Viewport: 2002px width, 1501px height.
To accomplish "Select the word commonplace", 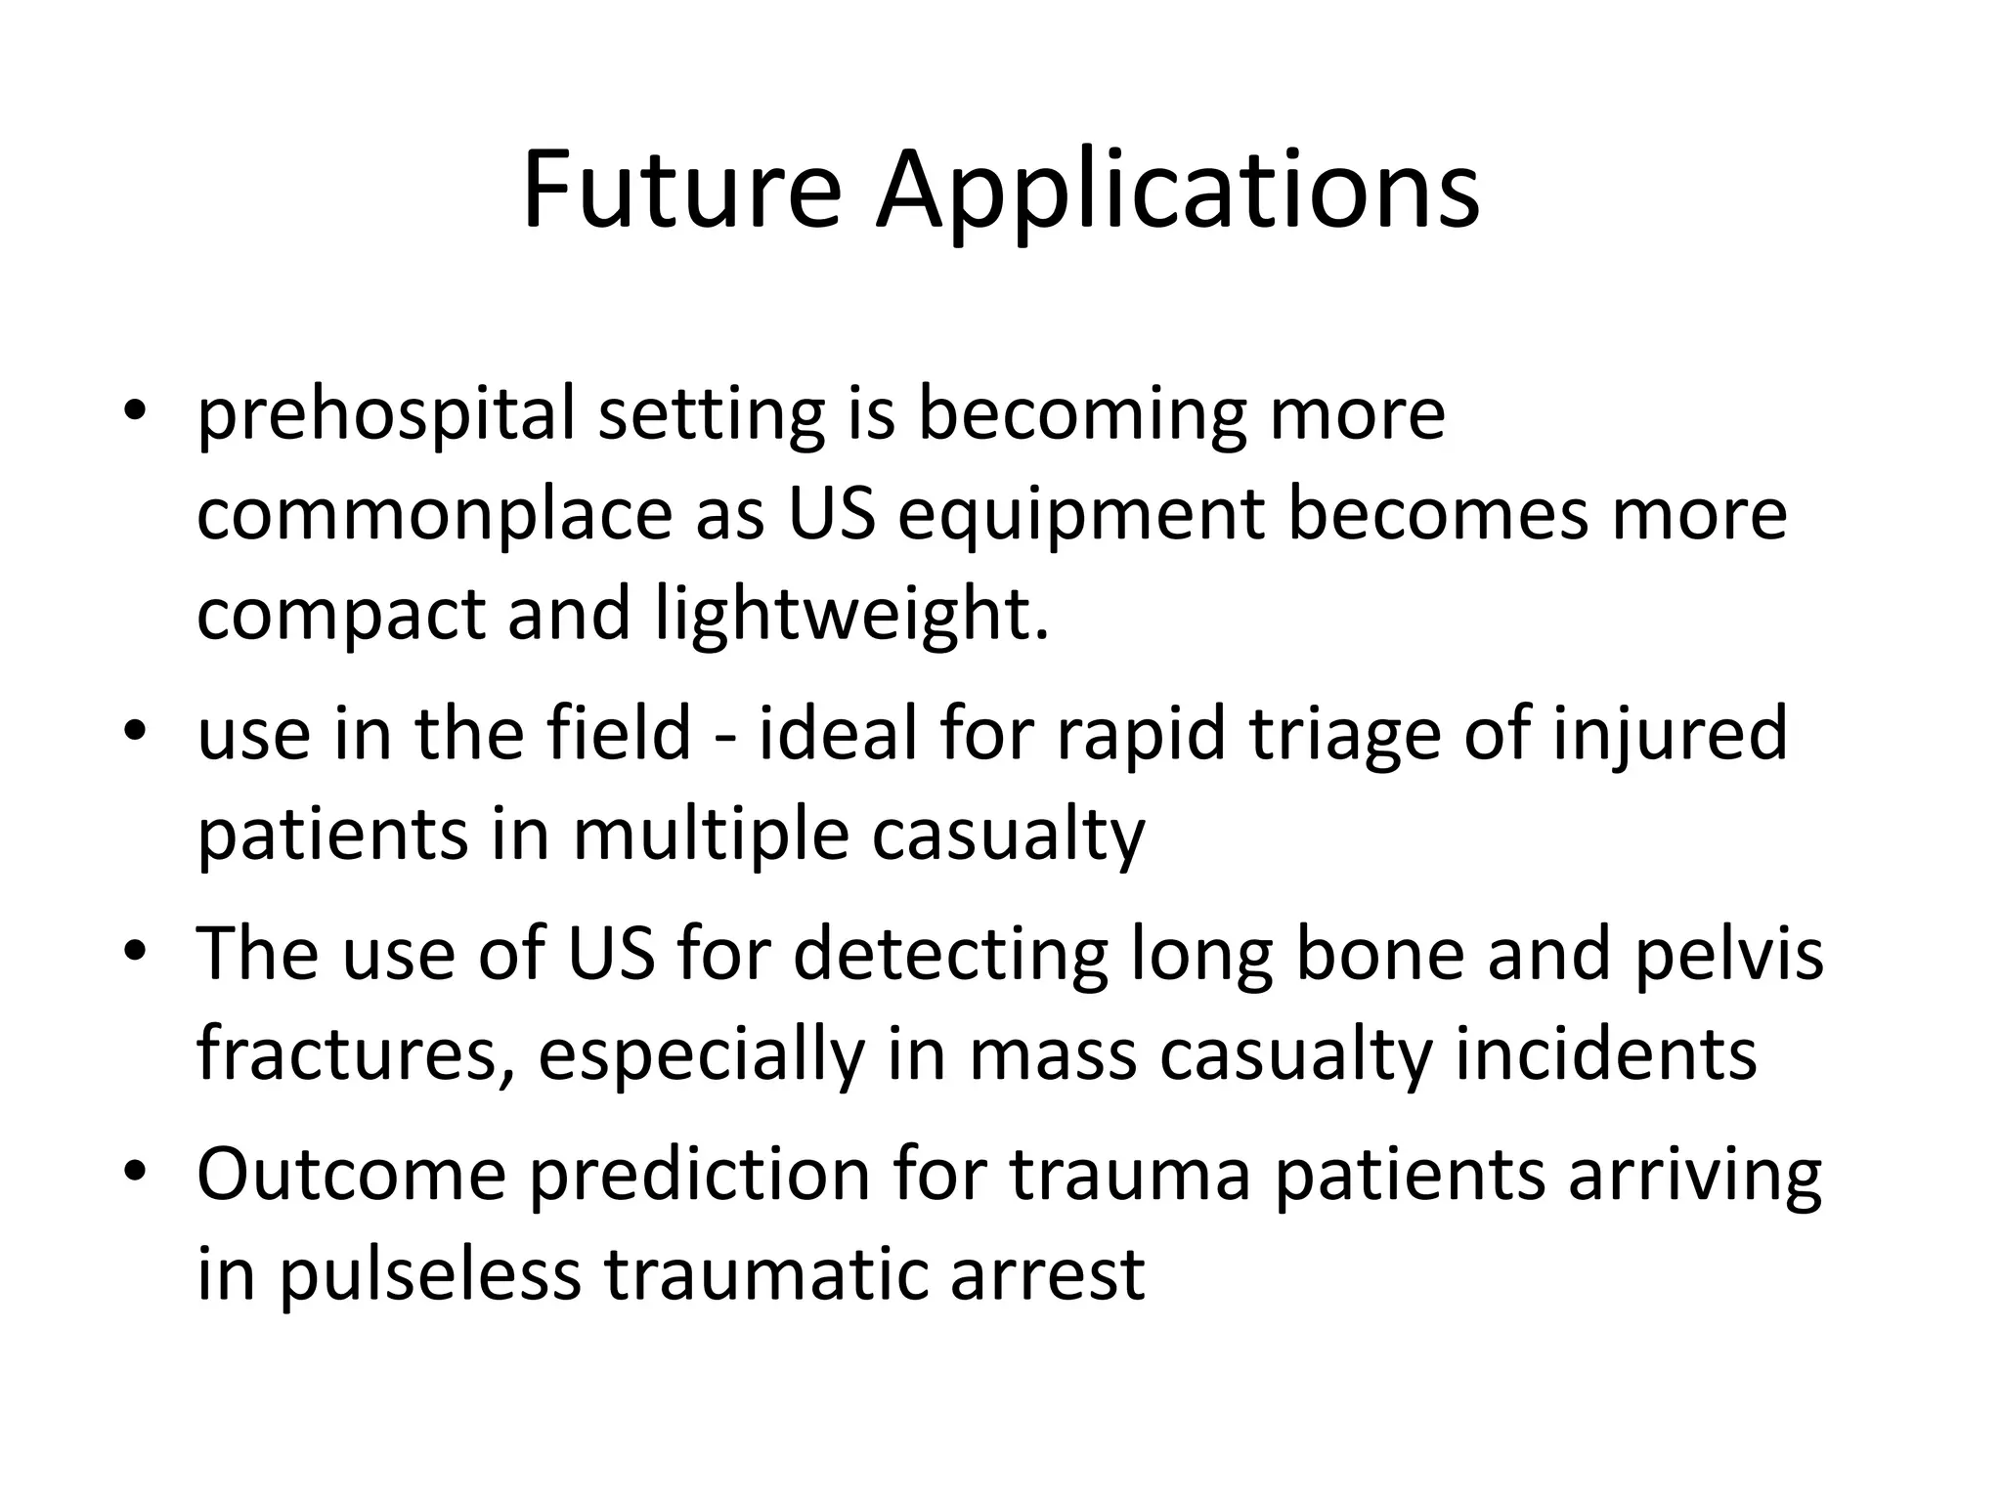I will pyautogui.click(x=434, y=516).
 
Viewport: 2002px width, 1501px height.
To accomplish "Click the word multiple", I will pyautogui.click(x=711, y=836).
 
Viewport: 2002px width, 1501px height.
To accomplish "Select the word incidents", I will pyautogui.click(x=1606, y=1055).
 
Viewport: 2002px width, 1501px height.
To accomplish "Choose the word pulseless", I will pyautogui.click(x=430, y=1275).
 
